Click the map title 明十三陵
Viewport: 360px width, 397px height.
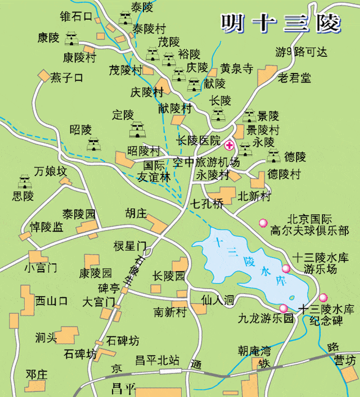[x=280, y=22]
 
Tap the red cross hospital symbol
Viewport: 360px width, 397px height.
[x=229, y=146]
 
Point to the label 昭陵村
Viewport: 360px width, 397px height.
[x=143, y=151]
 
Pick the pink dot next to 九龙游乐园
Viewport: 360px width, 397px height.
[x=283, y=308]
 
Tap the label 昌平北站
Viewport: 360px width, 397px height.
[x=157, y=360]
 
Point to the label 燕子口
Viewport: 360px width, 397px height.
[x=66, y=78]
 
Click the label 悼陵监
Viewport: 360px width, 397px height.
[x=47, y=227]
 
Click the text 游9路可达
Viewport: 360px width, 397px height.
[x=301, y=52]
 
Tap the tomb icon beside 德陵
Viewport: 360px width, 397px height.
[x=274, y=156]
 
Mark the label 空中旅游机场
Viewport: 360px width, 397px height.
[x=206, y=163]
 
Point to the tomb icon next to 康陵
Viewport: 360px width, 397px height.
[x=71, y=39]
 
